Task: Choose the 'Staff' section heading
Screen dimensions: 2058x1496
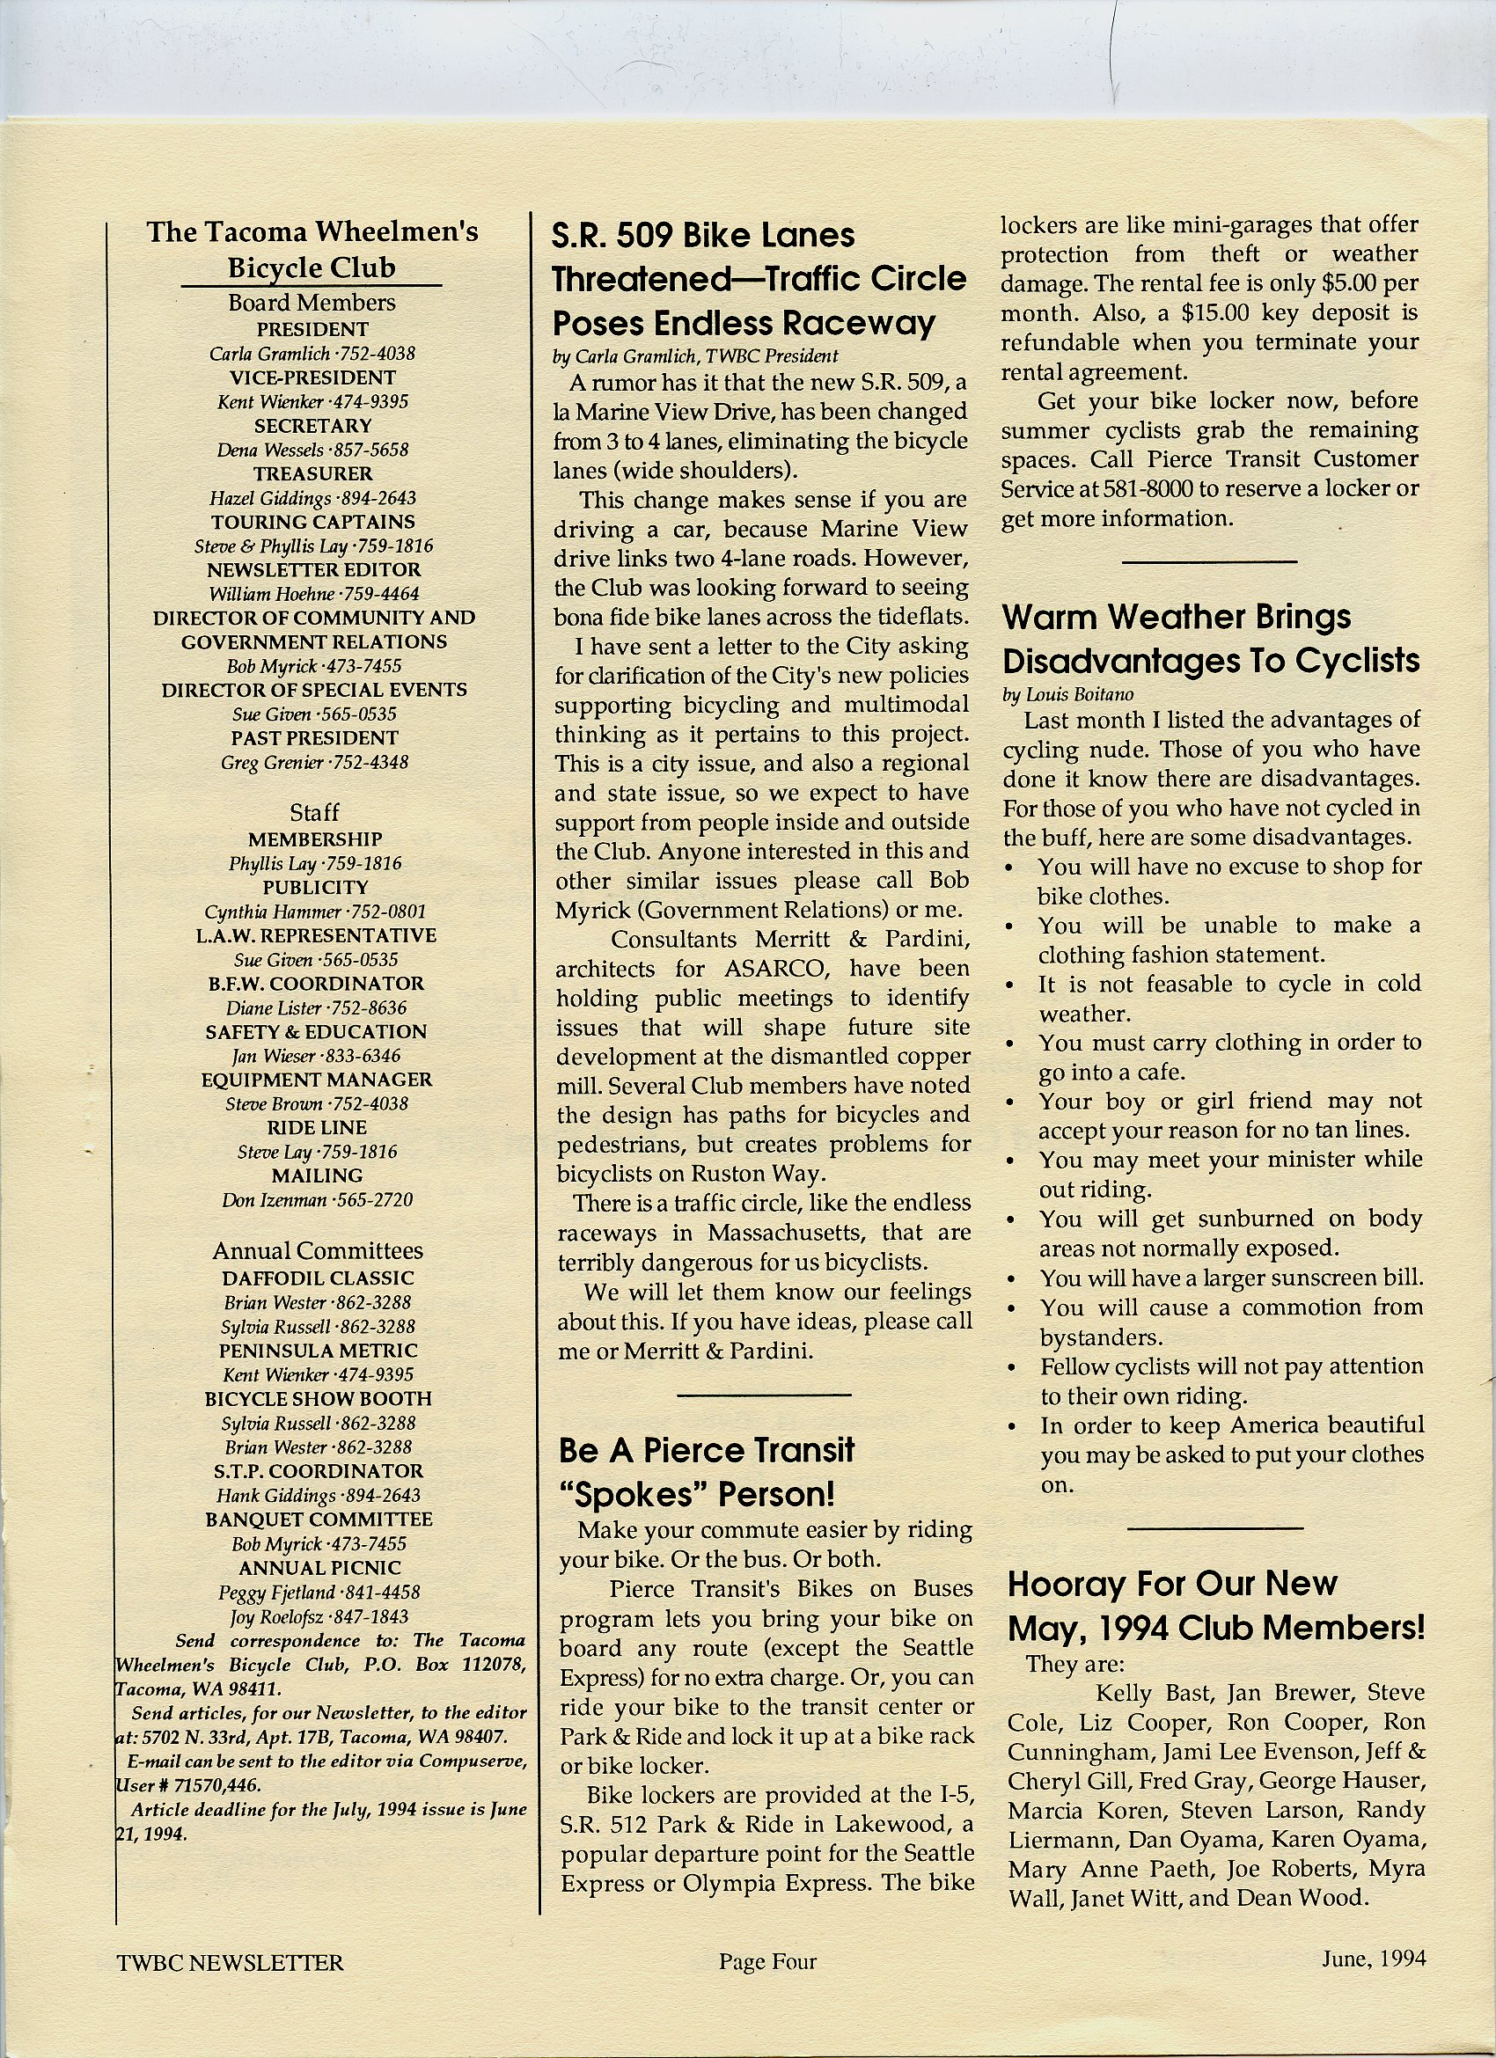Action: pyautogui.click(x=314, y=812)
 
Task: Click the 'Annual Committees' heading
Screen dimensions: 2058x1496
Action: pyautogui.click(x=318, y=1250)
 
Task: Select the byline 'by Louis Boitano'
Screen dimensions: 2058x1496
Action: pyautogui.click(x=1069, y=694)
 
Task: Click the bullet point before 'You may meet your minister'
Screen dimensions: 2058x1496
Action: pyautogui.click(x=1011, y=1161)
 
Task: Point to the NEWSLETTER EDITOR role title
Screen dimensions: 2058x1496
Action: pyautogui.click(x=313, y=570)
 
